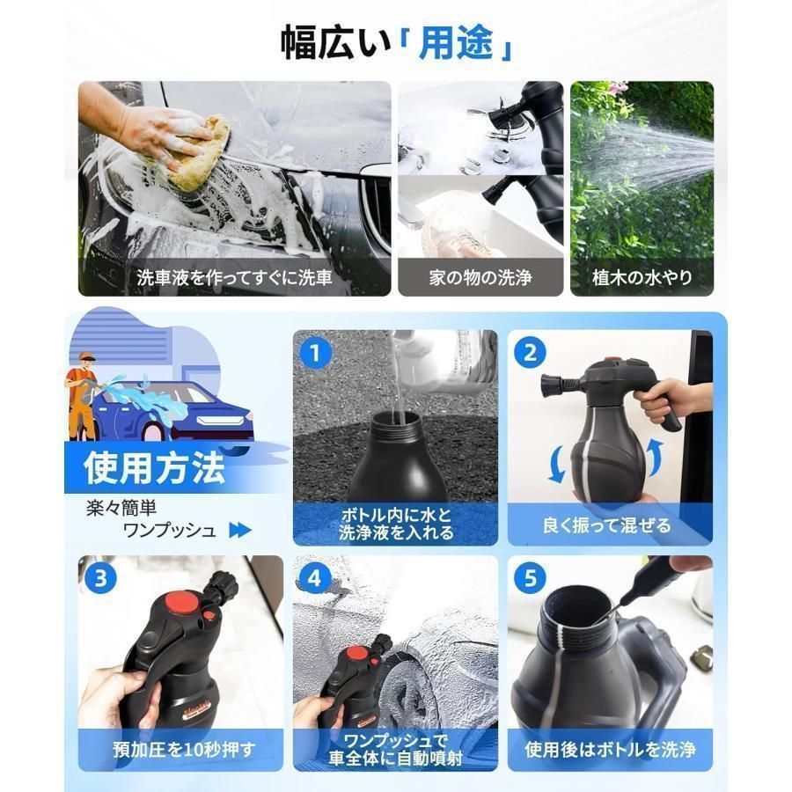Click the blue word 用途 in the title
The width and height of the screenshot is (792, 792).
click(456, 43)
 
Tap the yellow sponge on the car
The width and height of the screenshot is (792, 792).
click(198, 153)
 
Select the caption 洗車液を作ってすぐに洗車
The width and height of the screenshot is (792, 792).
click(234, 277)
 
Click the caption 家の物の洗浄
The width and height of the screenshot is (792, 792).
click(480, 277)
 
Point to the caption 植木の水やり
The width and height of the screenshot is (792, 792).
click(642, 277)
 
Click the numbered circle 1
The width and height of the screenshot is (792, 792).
click(315, 354)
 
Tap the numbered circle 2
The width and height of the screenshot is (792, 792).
click(530, 353)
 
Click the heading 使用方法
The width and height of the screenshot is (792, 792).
click(154, 468)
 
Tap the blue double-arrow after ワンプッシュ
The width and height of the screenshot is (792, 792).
click(240, 530)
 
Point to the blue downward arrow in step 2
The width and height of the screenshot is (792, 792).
click(557, 464)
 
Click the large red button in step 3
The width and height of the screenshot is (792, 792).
click(183, 602)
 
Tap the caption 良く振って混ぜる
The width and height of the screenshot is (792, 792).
click(606, 525)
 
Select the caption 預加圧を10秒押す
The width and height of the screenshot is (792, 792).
click(185, 750)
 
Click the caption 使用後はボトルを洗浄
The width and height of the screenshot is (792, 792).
click(610, 750)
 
